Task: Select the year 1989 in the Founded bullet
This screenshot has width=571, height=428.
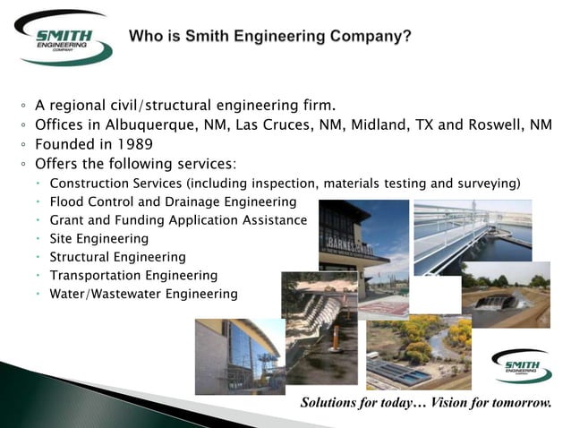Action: coord(132,144)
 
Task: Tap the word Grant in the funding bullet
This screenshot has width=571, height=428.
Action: coord(69,220)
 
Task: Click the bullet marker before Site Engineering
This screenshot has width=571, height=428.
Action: coord(39,239)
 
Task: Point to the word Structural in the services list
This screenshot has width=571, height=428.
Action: coord(82,257)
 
